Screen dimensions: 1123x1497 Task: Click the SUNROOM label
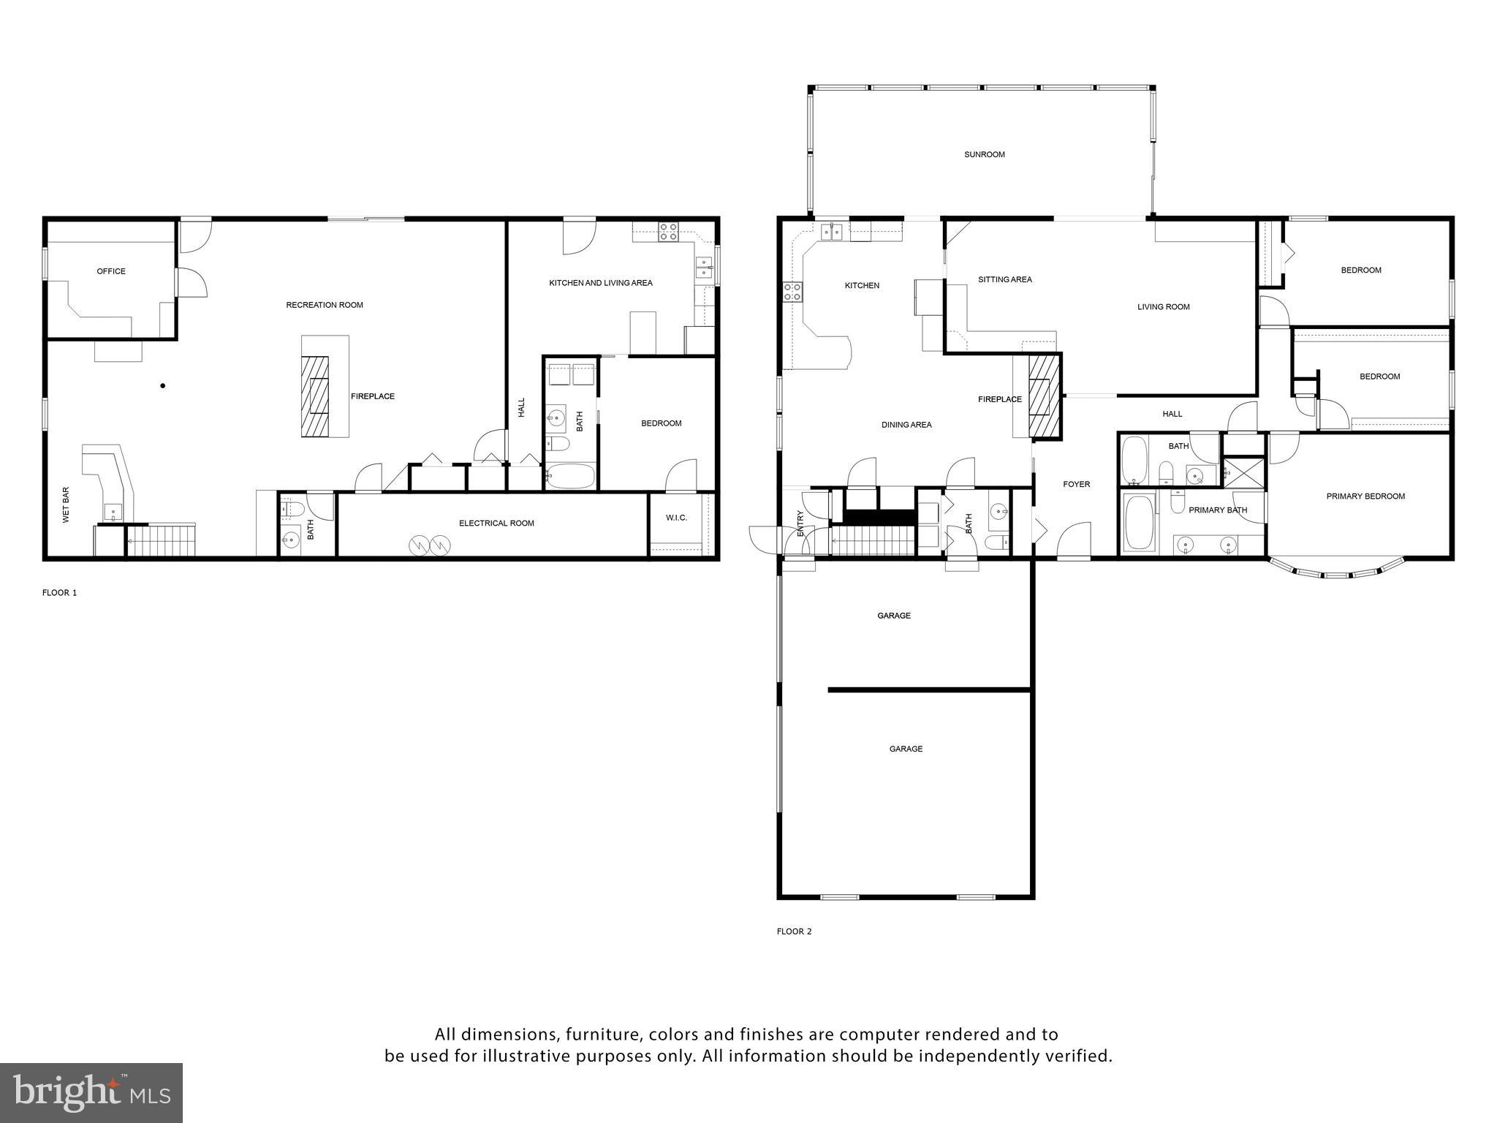click(x=984, y=154)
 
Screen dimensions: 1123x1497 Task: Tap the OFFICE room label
click(x=111, y=271)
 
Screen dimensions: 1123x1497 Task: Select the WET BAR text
click(x=66, y=504)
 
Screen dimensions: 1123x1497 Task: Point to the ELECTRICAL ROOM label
click(x=496, y=523)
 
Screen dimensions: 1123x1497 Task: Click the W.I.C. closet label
click(x=676, y=518)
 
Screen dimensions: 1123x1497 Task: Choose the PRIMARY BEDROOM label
click(x=1365, y=496)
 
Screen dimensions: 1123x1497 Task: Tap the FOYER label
click(x=1076, y=484)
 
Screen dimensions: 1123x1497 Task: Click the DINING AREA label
click(x=906, y=425)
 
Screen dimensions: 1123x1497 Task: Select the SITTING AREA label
click(x=1005, y=279)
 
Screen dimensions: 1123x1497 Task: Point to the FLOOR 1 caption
click(x=59, y=593)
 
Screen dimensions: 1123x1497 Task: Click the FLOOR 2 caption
click(x=794, y=931)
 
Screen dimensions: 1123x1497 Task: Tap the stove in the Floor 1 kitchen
click(x=668, y=232)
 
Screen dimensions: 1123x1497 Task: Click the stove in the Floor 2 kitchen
click(x=792, y=292)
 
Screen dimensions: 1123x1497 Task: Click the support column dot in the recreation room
click(x=163, y=385)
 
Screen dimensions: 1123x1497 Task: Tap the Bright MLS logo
click(x=91, y=1093)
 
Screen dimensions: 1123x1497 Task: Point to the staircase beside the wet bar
click(x=161, y=541)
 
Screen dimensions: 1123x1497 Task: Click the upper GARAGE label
click(x=893, y=616)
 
